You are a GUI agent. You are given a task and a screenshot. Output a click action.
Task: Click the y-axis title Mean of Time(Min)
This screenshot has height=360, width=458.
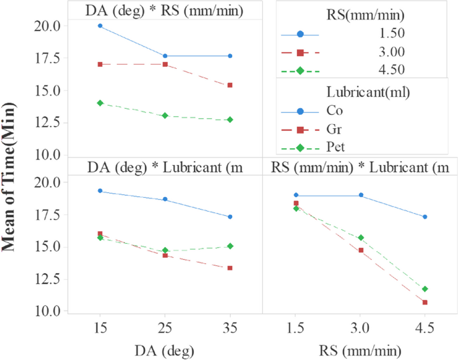point(10,181)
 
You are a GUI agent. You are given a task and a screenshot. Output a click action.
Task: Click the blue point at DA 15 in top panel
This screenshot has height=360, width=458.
point(100,26)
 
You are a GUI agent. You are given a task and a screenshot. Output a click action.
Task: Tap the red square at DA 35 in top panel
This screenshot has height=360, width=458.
point(230,85)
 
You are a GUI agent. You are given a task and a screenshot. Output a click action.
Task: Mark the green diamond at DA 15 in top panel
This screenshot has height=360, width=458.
point(100,103)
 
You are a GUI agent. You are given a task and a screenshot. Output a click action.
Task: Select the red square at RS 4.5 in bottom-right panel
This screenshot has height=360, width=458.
point(425,303)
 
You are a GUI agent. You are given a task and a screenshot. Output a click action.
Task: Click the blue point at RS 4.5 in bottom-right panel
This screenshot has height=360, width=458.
point(425,216)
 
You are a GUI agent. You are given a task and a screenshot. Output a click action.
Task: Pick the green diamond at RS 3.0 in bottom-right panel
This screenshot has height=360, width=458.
point(360,238)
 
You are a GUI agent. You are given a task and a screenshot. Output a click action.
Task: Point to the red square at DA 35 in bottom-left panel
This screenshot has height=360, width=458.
point(230,268)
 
